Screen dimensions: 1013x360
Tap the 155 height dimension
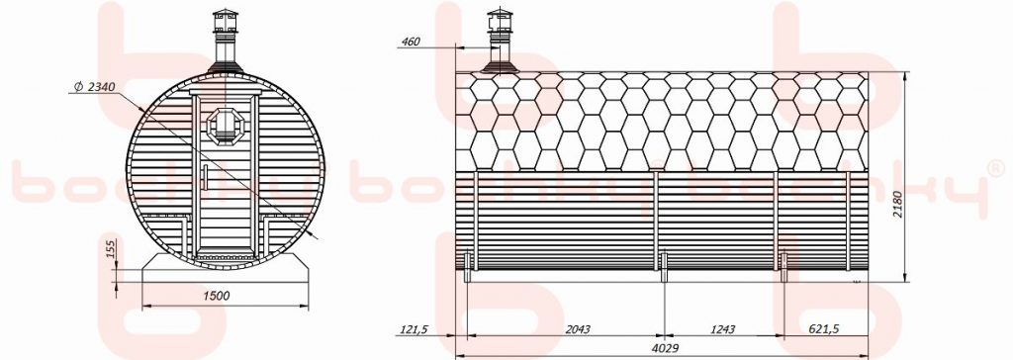[111, 248]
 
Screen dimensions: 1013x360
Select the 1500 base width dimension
[217, 296]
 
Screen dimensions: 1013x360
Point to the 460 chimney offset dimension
[411, 42]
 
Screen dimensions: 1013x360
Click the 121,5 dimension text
[414, 329]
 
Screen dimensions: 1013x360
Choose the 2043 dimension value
[577, 329]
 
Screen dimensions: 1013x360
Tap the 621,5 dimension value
[824, 329]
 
